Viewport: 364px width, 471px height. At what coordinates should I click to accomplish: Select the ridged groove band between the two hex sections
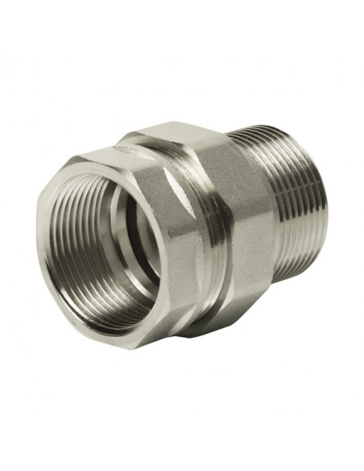click(x=211, y=234)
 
